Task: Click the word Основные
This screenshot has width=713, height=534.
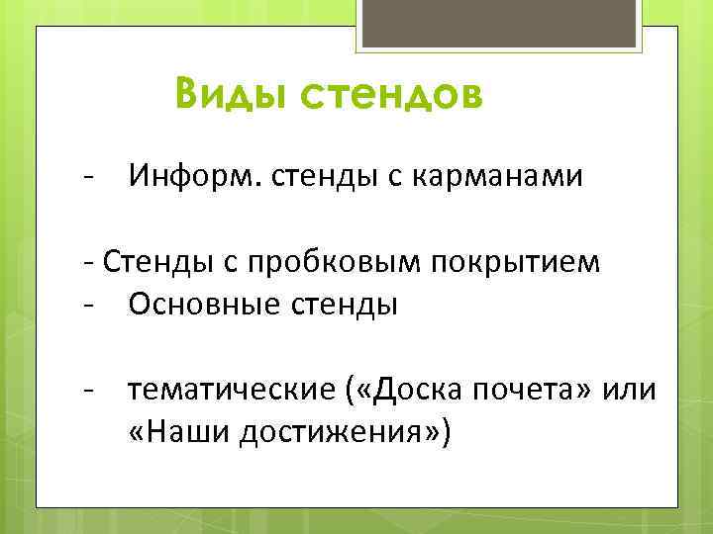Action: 190,305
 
